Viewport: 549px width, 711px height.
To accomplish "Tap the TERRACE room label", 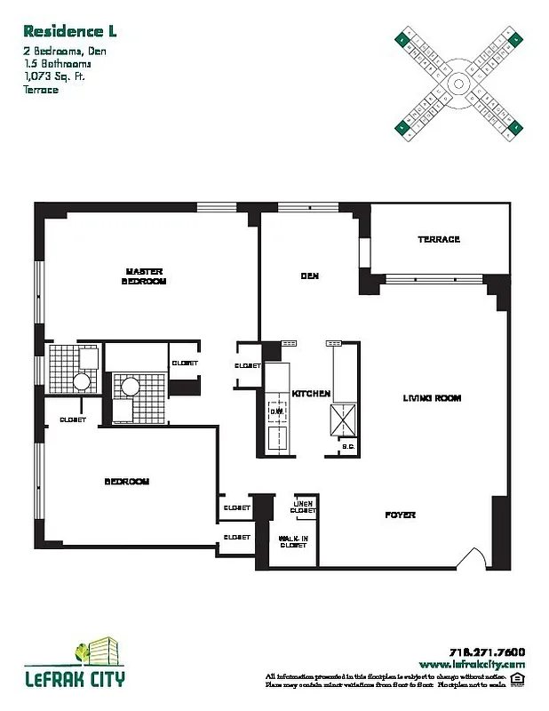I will coord(438,240).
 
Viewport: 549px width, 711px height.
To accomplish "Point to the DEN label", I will coord(309,276).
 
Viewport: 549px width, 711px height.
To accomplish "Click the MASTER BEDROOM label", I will coord(145,276).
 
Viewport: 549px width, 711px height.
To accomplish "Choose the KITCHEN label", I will coord(311,393).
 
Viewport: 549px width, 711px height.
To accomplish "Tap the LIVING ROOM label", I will coord(433,398).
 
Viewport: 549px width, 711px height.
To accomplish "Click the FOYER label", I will coord(400,515).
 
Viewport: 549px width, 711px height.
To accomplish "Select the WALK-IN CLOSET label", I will coord(293,542).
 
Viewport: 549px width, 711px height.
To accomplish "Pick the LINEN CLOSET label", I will coord(304,507).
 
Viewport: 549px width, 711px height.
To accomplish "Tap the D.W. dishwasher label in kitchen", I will coord(277,411).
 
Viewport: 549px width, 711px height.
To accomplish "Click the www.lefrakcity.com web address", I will coord(471,663).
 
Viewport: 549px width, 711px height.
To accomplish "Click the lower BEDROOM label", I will coord(127,482).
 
